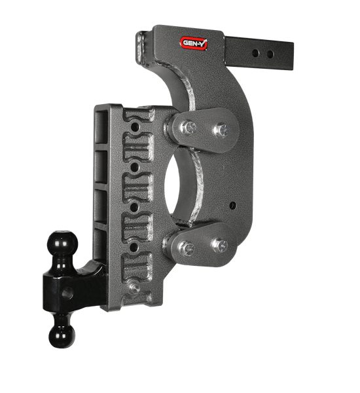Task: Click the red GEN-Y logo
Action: click(x=194, y=43)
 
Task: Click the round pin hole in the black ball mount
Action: click(x=67, y=293)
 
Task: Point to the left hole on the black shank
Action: click(x=255, y=53)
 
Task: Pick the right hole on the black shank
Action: click(x=270, y=54)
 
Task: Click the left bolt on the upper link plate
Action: click(x=188, y=128)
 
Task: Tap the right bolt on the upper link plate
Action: click(x=221, y=130)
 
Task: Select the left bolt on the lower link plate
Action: click(x=187, y=249)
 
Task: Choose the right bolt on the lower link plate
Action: click(x=219, y=246)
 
